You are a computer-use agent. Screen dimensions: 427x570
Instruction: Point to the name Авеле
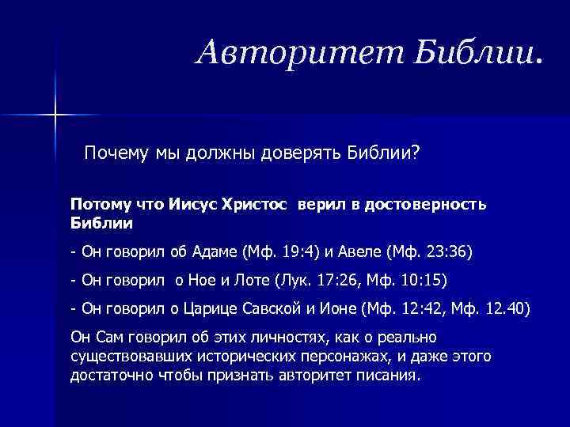click(361, 252)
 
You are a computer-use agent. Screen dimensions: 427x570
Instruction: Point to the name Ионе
click(338, 308)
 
